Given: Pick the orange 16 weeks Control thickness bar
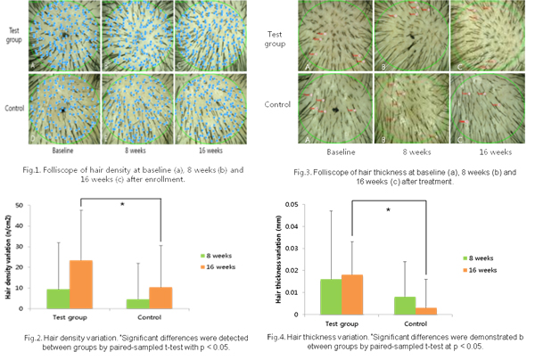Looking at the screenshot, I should pos(427,311).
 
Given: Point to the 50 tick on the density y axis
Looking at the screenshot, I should pos(27,205).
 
